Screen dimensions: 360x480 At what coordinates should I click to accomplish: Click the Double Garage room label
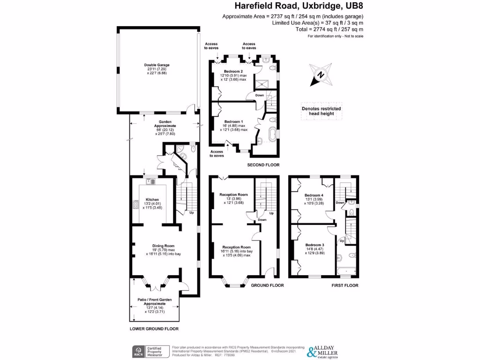coord(157,65)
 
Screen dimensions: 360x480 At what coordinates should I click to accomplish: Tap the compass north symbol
coord(320,75)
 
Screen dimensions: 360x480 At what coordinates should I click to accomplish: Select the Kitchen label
coord(152,199)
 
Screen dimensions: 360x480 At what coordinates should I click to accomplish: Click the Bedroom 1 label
coord(234,121)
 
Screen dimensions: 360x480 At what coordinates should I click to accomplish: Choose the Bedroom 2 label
coord(233,71)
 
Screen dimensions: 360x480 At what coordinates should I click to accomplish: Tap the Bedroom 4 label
coord(314,195)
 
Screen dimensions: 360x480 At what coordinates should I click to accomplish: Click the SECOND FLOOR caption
coord(263,165)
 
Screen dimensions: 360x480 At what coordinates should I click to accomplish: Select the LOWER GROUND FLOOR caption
coord(154,329)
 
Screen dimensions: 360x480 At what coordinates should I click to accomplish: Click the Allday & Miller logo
coord(328,351)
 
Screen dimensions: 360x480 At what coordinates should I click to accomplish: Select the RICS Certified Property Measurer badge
coord(149,351)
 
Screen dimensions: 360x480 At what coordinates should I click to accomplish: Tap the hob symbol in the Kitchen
coord(135,205)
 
